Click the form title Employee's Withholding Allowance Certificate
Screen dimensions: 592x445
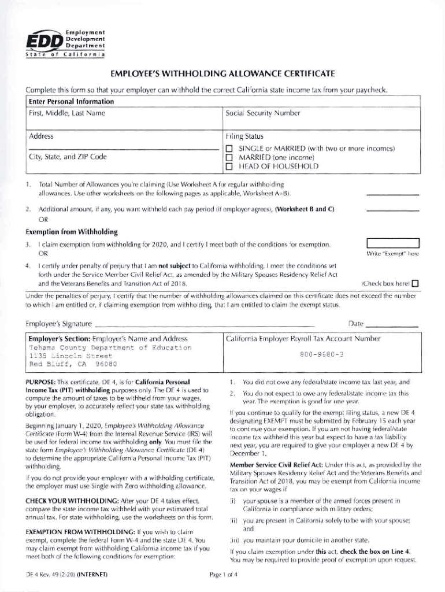pos(222,75)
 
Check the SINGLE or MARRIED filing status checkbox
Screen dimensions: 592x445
pos(228,149)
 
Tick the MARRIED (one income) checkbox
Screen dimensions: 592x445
pos(228,157)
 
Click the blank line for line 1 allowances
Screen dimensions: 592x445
pos(392,195)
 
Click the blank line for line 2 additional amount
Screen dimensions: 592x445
pos(392,210)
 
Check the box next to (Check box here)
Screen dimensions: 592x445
pos(414,283)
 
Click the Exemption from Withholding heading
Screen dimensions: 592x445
pos(72,232)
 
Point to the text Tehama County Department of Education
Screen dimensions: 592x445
pos(110,347)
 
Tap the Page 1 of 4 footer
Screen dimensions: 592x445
pos(228,575)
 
